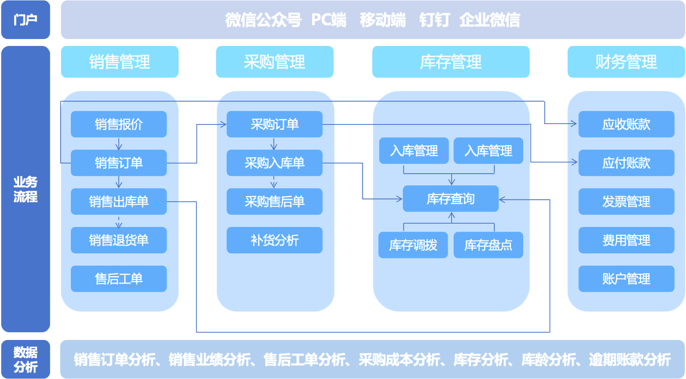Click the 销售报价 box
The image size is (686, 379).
(119, 124)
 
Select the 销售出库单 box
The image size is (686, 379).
(119, 201)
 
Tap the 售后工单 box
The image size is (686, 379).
(119, 279)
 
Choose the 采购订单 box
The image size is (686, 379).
(274, 124)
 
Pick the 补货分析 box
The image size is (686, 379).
(274, 240)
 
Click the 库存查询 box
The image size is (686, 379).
(450, 199)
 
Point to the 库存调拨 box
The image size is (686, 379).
(413, 245)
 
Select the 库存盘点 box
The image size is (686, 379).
(488, 245)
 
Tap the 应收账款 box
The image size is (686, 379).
(626, 124)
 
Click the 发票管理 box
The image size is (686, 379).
(626, 201)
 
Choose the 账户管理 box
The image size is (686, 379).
(626, 279)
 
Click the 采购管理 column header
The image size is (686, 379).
(274, 62)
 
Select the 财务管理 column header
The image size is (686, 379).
(626, 62)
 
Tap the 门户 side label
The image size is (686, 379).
(25, 20)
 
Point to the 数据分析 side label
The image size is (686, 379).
(25, 359)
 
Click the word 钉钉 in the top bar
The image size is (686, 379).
(434, 20)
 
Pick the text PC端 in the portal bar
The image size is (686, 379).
(329, 20)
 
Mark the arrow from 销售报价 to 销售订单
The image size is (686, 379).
(119, 144)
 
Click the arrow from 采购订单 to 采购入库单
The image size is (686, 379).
(274, 144)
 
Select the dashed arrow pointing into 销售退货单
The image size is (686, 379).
(119, 222)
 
